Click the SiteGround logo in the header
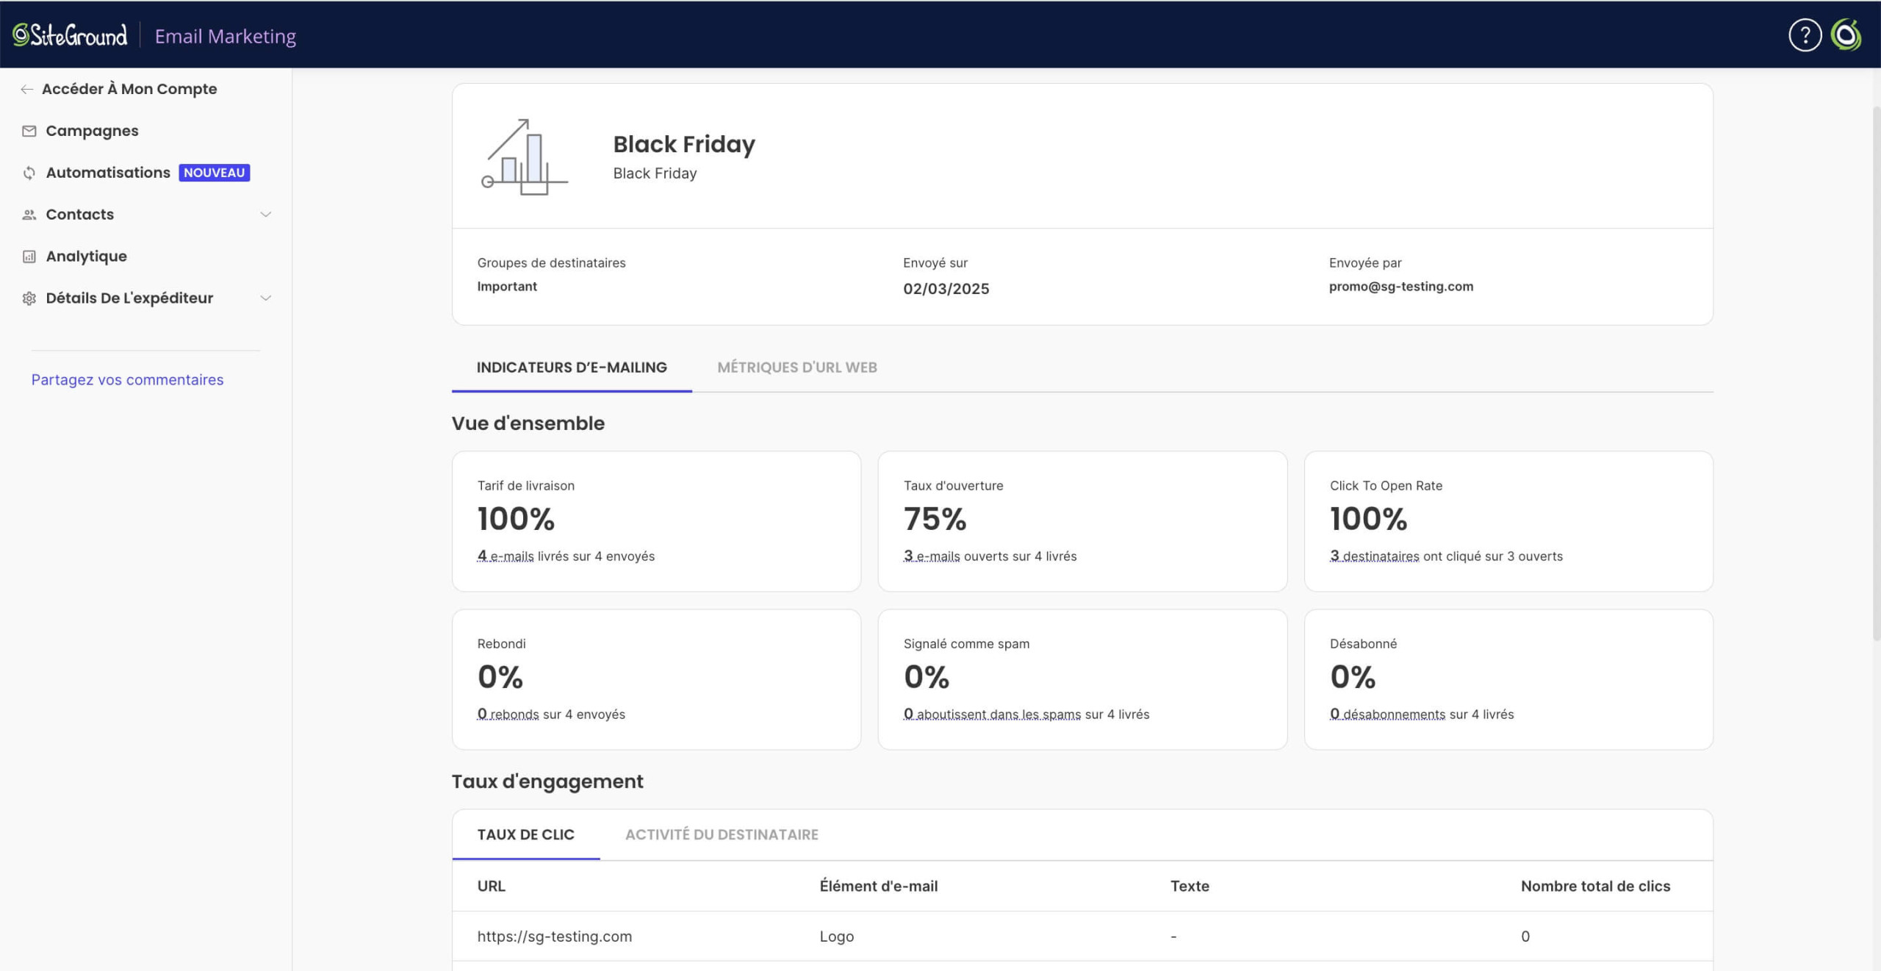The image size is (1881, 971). point(70,35)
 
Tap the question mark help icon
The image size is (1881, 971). point(1805,35)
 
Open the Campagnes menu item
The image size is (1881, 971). point(92,131)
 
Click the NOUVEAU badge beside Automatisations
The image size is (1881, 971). point(215,173)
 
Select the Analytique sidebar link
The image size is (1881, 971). point(86,257)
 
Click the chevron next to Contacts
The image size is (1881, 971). point(266,215)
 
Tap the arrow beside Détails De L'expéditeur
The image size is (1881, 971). point(266,298)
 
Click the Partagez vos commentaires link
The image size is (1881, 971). point(127,380)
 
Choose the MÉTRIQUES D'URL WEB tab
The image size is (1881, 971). point(797,368)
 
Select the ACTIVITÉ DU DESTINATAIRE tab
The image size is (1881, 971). point(722,835)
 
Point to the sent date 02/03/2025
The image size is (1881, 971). point(946,289)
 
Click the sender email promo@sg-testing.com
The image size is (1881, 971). point(1401,287)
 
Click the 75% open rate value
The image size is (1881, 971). point(935,519)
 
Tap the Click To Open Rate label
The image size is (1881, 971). point(1386,486)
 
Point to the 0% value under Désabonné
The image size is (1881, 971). point(1353,677)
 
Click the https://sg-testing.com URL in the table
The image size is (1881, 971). point(555,936)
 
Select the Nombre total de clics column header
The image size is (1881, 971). point(1595,886)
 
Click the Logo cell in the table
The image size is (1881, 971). point(837,936)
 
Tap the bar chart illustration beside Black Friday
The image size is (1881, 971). point(525,157)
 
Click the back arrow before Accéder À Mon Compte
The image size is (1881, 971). point(27,90)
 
